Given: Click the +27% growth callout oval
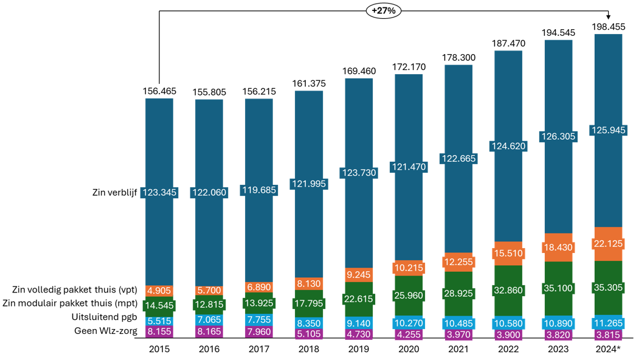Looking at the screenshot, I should coord(384,10).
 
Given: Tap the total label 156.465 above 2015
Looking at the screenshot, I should coord(159,91).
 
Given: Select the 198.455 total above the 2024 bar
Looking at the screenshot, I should coord(608,27).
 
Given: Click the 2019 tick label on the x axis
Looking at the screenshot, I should coord(359,350).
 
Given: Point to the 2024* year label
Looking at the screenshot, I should coord(608,350).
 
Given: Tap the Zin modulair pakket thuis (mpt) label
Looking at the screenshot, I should coord(71,303).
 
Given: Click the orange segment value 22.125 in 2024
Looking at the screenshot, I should coord(608,244).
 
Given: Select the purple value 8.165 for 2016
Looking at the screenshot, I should coord(209,332).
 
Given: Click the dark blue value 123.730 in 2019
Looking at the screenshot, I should coord(359,173).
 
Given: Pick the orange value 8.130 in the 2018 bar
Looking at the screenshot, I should coord(309,283).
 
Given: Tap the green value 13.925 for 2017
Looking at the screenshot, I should coord(259,302).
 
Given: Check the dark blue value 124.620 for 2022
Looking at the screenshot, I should coord(508,146).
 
